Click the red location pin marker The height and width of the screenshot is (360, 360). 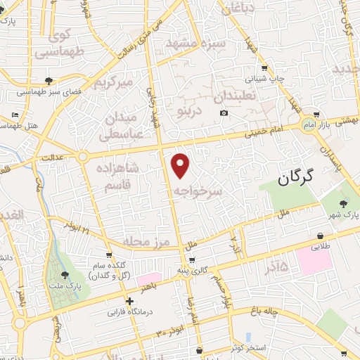tap(181, 166)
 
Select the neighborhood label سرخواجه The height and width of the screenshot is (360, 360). tap(198, 191)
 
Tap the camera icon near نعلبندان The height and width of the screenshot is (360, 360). tap(224, 113)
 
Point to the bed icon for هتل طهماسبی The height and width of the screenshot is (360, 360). tap(15, 114)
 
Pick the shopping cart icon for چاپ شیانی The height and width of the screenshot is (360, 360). tap(264, 68)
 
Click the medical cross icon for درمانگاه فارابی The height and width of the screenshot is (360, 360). tap(129, 300)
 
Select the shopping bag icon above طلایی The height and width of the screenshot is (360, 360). tap(321, 236)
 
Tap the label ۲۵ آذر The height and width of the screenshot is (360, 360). tap(274, 266)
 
